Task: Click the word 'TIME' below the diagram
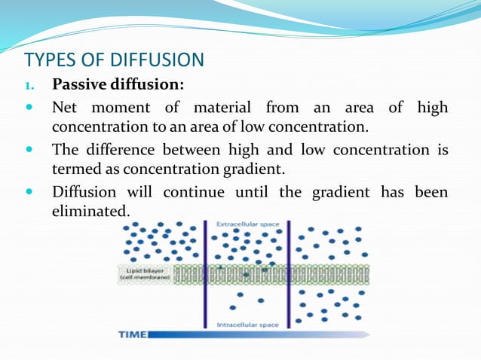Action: pos(132,334)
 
